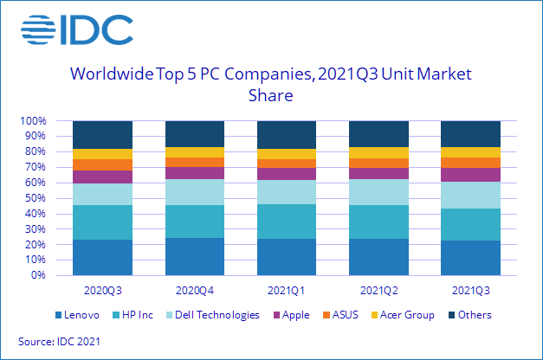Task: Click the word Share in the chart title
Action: [271, 95]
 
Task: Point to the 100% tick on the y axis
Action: [33, 121]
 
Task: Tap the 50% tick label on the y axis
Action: [36, 198]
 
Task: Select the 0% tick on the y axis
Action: [39, 276]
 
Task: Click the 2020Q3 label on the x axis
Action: [102, 289]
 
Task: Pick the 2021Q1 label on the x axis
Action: [287, 289]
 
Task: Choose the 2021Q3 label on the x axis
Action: [470, 289]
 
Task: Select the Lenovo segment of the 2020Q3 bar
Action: [102, 258]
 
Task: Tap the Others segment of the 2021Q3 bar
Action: [470, 134]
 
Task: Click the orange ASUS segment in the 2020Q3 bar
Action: [102, 164]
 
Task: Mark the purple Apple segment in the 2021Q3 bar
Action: [470, 175]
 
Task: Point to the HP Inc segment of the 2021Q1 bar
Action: [287, 222]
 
